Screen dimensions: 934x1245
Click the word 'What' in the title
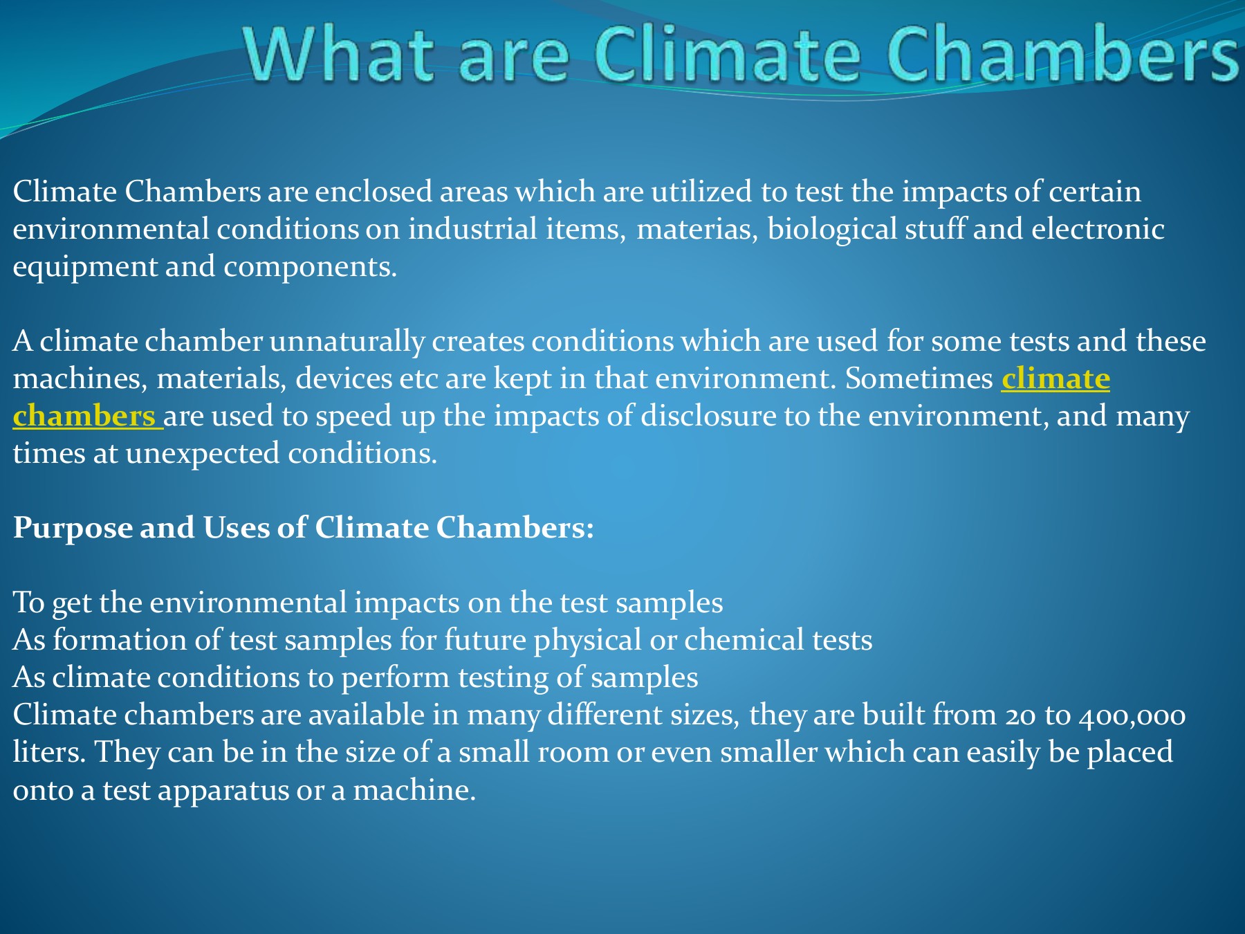point(339,55)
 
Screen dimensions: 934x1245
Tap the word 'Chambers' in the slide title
point(1062,55)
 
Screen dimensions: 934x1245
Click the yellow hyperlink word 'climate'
point(1055,379)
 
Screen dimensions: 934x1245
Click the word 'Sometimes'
point(919,379)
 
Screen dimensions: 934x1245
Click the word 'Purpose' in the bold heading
point(73,529)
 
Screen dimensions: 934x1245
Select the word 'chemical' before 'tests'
point(744,641)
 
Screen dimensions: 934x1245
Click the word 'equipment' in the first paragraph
point(85,267)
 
